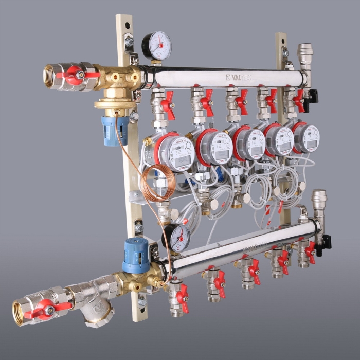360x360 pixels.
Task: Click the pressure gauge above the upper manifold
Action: coord(156,46)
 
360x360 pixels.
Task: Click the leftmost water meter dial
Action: coord(175,151)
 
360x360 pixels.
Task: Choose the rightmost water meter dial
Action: coord(309,138)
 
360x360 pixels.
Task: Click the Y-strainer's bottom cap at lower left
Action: coord(98,317)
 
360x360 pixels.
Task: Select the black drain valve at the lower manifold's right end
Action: coord(323,242)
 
